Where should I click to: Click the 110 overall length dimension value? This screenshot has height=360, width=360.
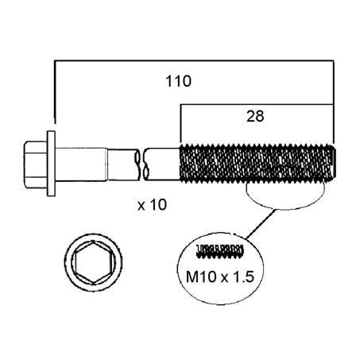178,81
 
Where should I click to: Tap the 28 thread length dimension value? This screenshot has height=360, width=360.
255,116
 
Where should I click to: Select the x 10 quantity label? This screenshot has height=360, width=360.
153,205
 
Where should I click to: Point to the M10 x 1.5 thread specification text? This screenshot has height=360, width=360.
220,277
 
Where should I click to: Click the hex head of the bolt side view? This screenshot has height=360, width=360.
35,165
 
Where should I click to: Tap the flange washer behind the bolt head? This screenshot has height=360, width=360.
51,164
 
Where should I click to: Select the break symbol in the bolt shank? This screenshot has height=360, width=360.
141,165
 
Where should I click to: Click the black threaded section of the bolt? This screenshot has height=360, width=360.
257,164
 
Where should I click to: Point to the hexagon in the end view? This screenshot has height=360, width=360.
93,262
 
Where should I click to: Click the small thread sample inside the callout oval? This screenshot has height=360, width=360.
219,251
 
